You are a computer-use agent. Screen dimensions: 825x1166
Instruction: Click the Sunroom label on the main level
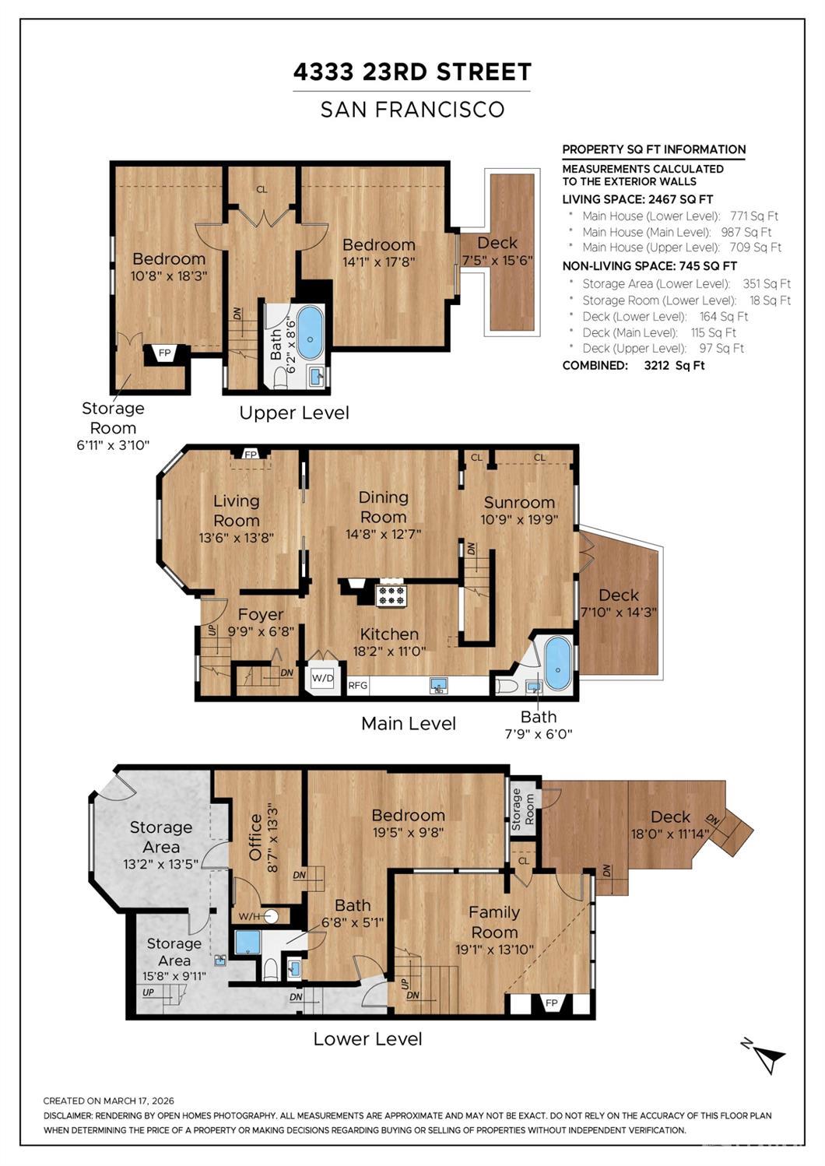[x=519, y=502]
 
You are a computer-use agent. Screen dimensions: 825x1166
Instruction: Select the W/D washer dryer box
[x=322, y=678]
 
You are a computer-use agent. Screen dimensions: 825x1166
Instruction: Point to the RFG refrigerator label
[x=357, y=686]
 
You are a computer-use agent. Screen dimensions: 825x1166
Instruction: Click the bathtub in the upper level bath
[x=311, y=332]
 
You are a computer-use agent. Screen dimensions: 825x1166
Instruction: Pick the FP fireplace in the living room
[x=251, y=455]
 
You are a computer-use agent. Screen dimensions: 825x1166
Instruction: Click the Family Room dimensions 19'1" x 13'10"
[x=494, y=949]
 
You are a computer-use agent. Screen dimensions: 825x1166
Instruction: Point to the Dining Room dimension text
[x=383, y=534]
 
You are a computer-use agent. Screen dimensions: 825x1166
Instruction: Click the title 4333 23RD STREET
[x=412, y=72]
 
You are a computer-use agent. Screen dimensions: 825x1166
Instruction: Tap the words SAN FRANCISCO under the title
[x=412, y=109]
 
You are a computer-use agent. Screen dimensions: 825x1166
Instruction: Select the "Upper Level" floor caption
[x=294, y=413]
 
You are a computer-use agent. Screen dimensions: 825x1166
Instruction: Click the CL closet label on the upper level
[x=262, y=190]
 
